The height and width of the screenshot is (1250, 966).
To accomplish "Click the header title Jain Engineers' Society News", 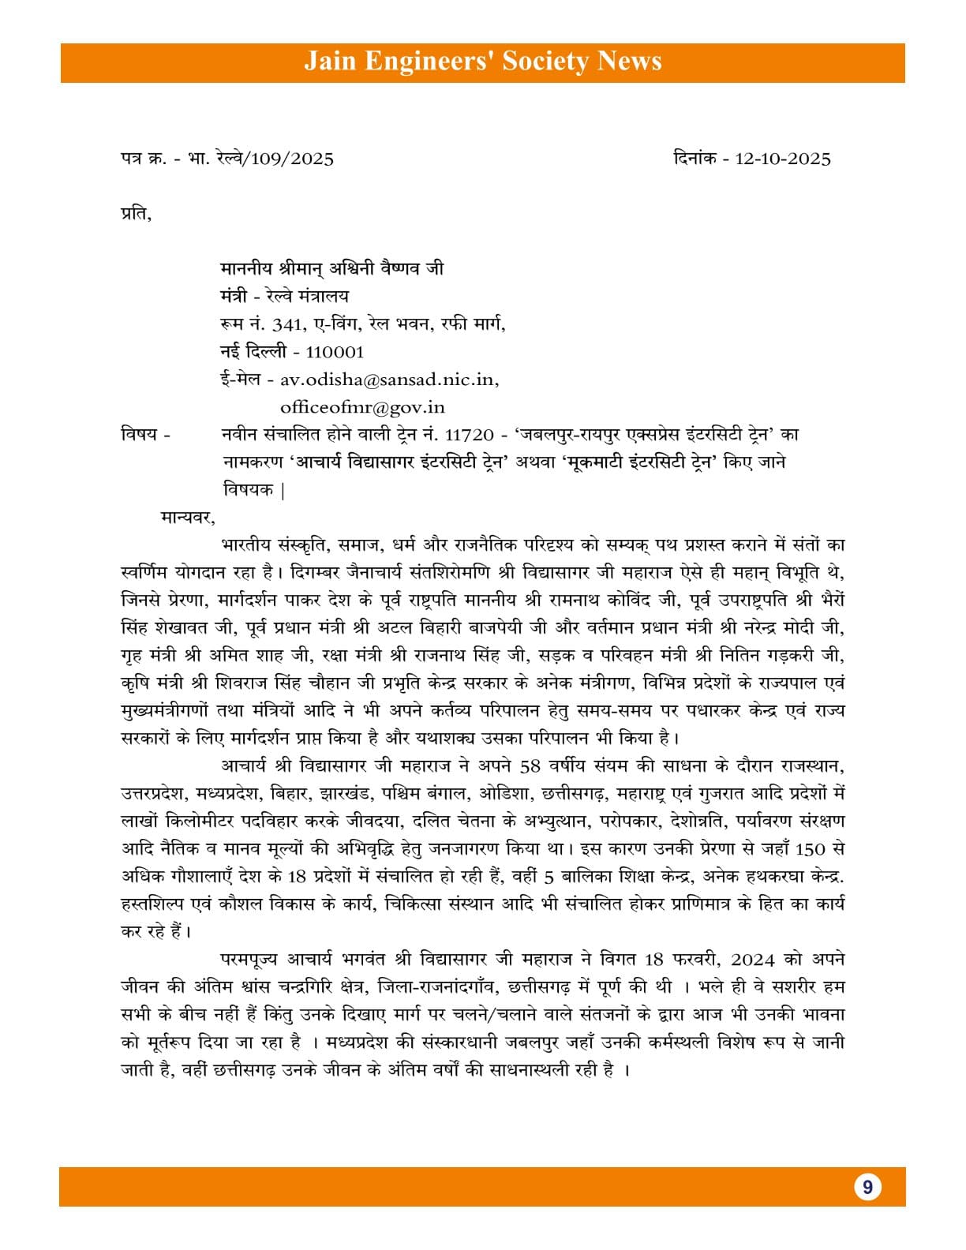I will pyautogui.click(x=482, y=62).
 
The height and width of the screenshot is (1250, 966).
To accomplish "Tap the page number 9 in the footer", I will pyautogui.click(x=867, y=1187).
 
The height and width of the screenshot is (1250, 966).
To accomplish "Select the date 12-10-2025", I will pyautogui.click(x=783, y=159).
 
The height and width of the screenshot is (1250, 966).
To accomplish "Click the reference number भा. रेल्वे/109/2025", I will pyautogui.click(x=260, y=159).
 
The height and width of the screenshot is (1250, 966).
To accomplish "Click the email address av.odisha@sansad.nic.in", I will pyautogui.click(x=389, y=380).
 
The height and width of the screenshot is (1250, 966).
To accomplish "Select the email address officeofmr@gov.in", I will pyautogui.click(x=362, y=407).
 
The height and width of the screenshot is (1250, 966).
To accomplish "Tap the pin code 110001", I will pyautogui.click(x=335, y=352).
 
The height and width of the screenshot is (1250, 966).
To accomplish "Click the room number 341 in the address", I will pyautogui.click(x=285, y=324).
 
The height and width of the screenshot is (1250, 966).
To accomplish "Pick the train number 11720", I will pyautogui.click(x=470, y=435).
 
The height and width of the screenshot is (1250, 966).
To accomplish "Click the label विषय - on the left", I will pyautogui.click(x=145, y=435).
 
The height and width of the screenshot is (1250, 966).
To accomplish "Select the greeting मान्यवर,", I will pyautogui.click(x=187, y=518).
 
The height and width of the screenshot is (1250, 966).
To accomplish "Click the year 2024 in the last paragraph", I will pyautogui.click(x=759, y=960).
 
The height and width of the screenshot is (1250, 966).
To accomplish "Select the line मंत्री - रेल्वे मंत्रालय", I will pyautogui.click(x=284, y=297).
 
